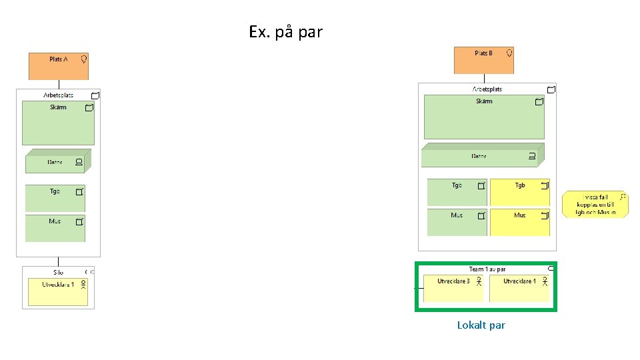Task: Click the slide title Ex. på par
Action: coord(285,32)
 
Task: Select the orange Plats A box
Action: coord(59,66)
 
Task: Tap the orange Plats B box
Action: coord(483,60)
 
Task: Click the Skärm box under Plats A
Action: coord(58,123)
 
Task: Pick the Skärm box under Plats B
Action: coord(484,117)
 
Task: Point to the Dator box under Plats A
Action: coord(56,162)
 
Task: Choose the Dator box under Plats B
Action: coord(480,156)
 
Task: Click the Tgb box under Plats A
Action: coord(55,198)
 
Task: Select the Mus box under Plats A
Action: coord(55,228)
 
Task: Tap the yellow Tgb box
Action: coord(520,192)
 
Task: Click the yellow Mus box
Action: coord(520,222)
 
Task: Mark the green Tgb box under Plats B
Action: coord(457,192)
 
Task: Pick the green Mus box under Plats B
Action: coord(457,222)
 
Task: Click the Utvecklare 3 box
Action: coord(453,288)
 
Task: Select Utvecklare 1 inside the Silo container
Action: coord(58,291)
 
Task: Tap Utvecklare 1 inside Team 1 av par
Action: coord(519,288)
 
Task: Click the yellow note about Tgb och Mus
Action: coord(595,205)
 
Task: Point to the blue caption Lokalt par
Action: coord(481,325)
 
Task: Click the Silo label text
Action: coord(58,272)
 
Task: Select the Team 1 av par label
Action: coord(487,269)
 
